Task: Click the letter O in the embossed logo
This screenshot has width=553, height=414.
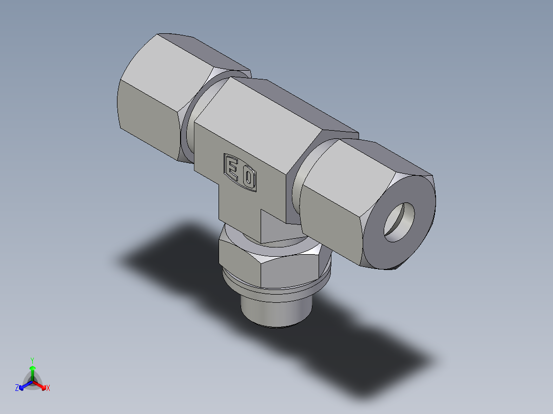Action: pyautogui.click(x=249, y=178)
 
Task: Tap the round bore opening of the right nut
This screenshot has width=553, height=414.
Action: pyautogui.click(x=402, y=221)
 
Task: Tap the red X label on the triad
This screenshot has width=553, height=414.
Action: pyautogui.click(x=48, y=388)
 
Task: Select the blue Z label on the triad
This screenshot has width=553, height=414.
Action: pyautogui.click(x=17, y=388)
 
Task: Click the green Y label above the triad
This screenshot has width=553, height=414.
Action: pyautogui.click(x=32, y=360)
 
